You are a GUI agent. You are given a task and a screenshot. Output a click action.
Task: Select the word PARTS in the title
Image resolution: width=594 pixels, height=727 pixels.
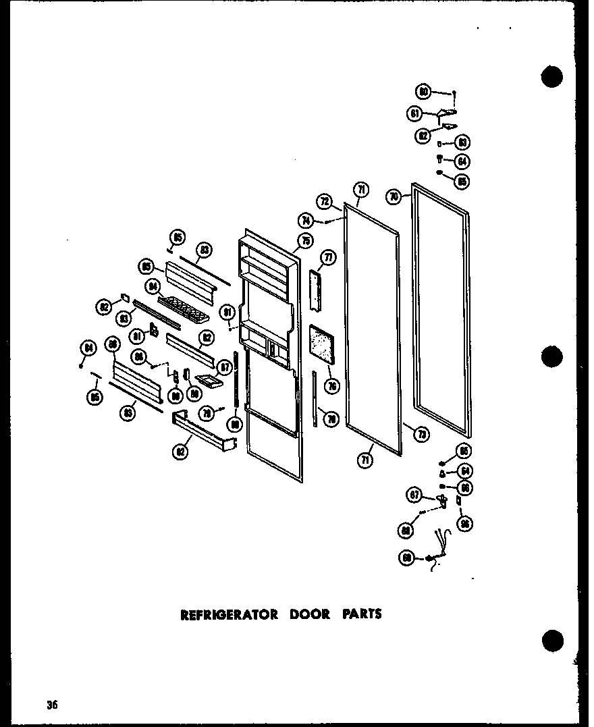[360, 614]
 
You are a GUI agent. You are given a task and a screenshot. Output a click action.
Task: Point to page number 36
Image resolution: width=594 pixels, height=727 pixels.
[53, 705]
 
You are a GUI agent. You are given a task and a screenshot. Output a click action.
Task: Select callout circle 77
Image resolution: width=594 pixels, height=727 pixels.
[328, 257]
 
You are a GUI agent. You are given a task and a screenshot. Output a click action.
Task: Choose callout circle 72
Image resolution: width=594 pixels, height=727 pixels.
[324, 200]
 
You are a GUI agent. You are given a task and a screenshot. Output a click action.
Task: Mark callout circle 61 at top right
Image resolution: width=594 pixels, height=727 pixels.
[414, 114]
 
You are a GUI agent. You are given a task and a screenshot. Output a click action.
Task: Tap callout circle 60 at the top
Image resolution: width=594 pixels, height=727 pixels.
[424, 92]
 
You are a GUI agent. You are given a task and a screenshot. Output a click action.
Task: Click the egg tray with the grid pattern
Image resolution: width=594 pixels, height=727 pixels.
[184, 308]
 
